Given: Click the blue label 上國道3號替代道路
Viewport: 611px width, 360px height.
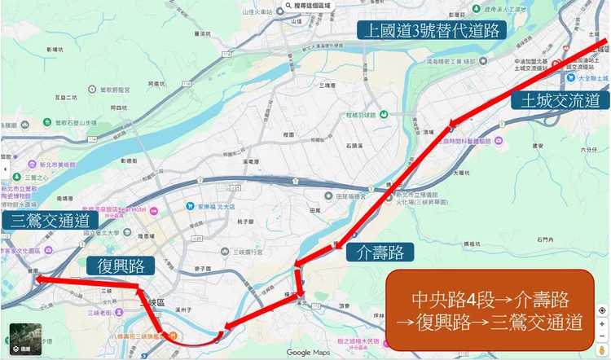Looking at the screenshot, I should pyautogui.click(x=432, y=31).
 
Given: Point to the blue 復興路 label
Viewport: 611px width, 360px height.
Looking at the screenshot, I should pyautogui.click(x=121, y=266).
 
